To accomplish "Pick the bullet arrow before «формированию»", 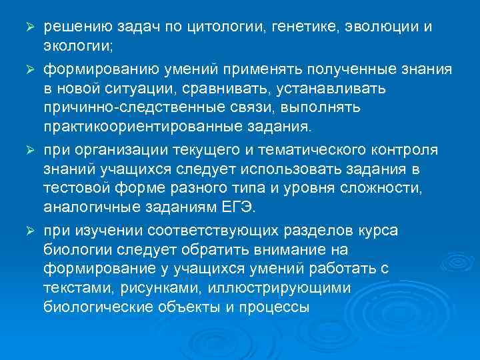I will (29, 69).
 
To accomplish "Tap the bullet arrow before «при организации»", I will (29, 147).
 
